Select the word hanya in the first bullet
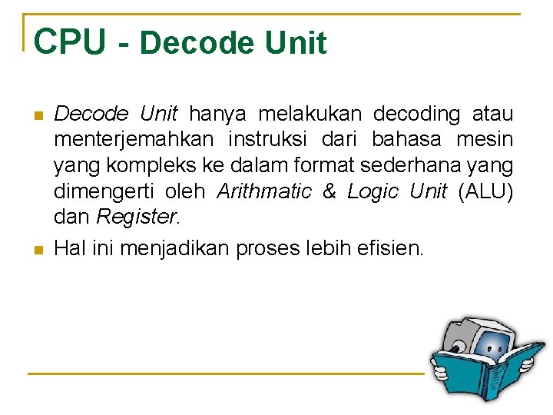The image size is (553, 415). [x=217, y=115]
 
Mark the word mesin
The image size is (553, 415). [x=485, y=140]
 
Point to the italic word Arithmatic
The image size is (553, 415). [x=264, y=191]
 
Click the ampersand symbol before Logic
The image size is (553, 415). [x=329, y=191]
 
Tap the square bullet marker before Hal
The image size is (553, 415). [x=37, y=249]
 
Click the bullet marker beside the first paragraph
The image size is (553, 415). [x=37, y=116]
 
